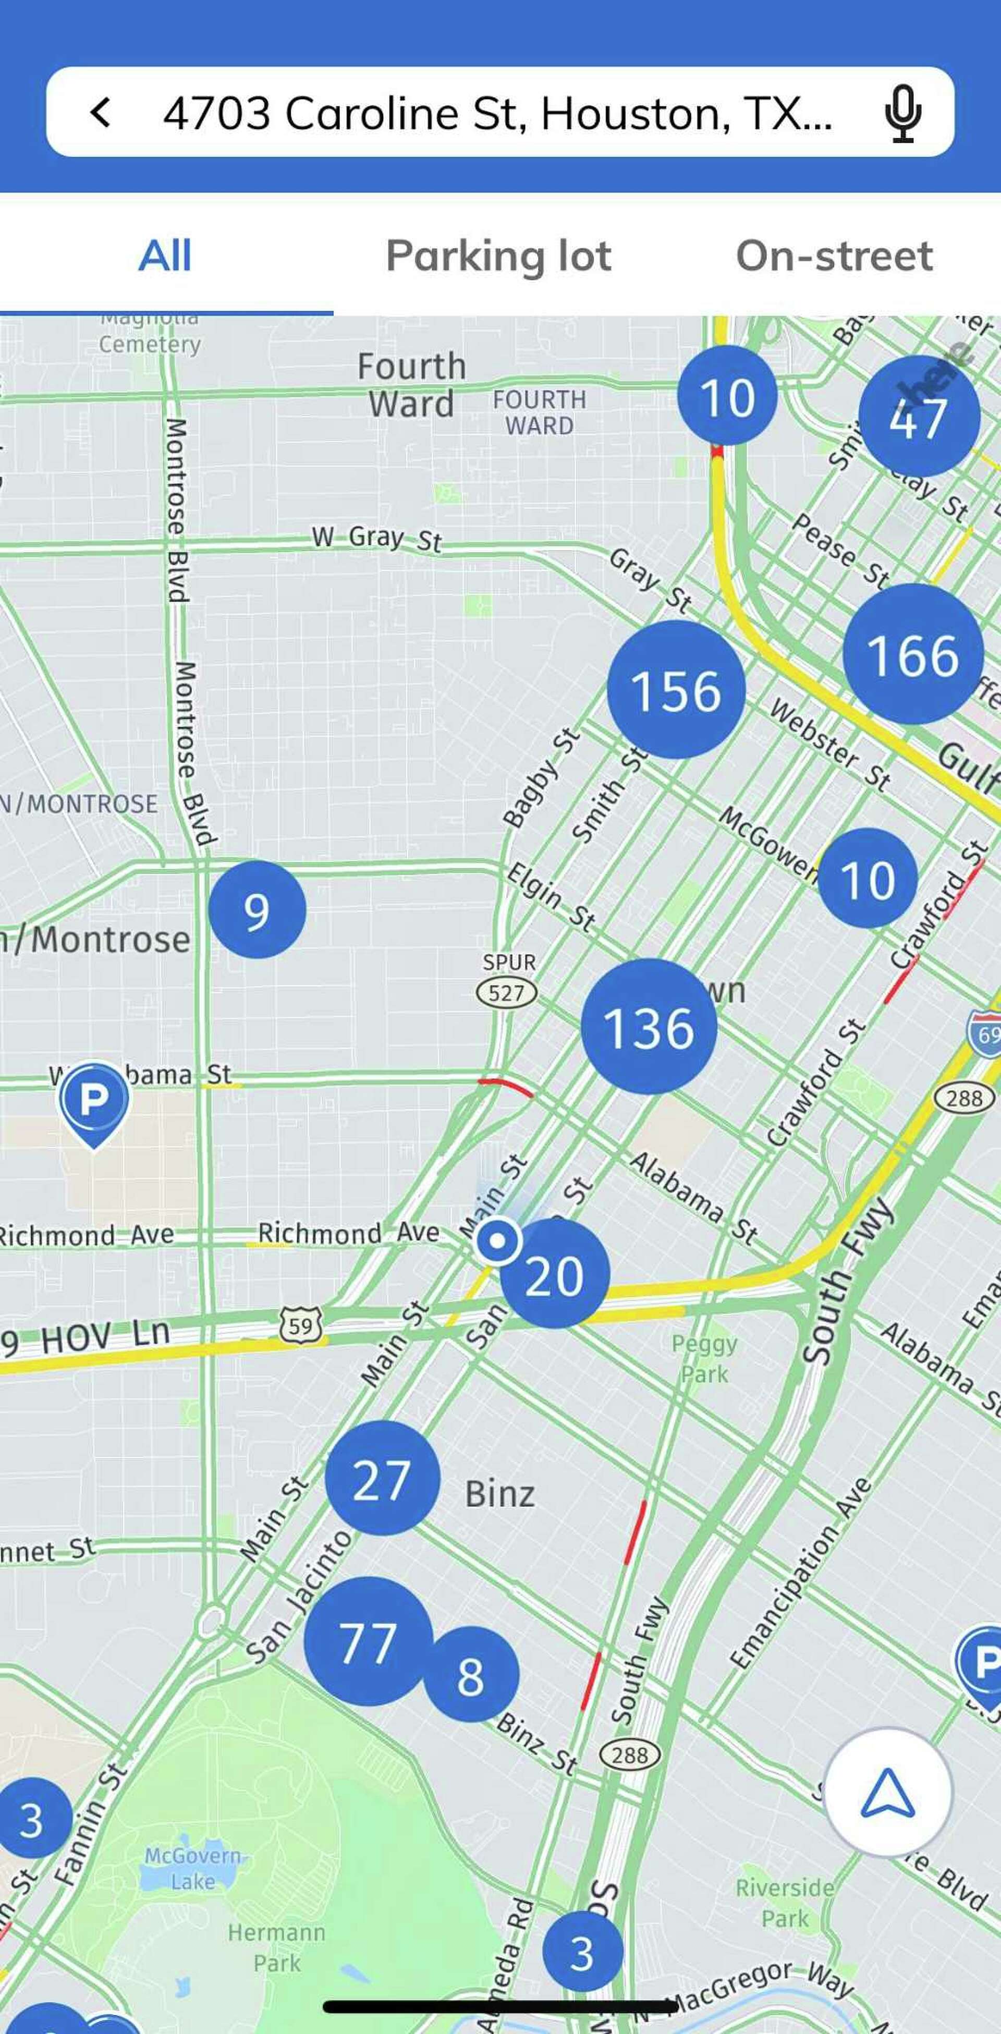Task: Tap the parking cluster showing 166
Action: [912, 654]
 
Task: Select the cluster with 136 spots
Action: [648, 1027]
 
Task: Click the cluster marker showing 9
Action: [257, 910]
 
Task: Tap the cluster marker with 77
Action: [368, 1641]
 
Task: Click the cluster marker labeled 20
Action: [554, 1274]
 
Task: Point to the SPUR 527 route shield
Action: [507, 992]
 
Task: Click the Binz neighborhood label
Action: [499, 1494]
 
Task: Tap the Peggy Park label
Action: [704, 1358]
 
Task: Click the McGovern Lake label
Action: [192, 1869]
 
